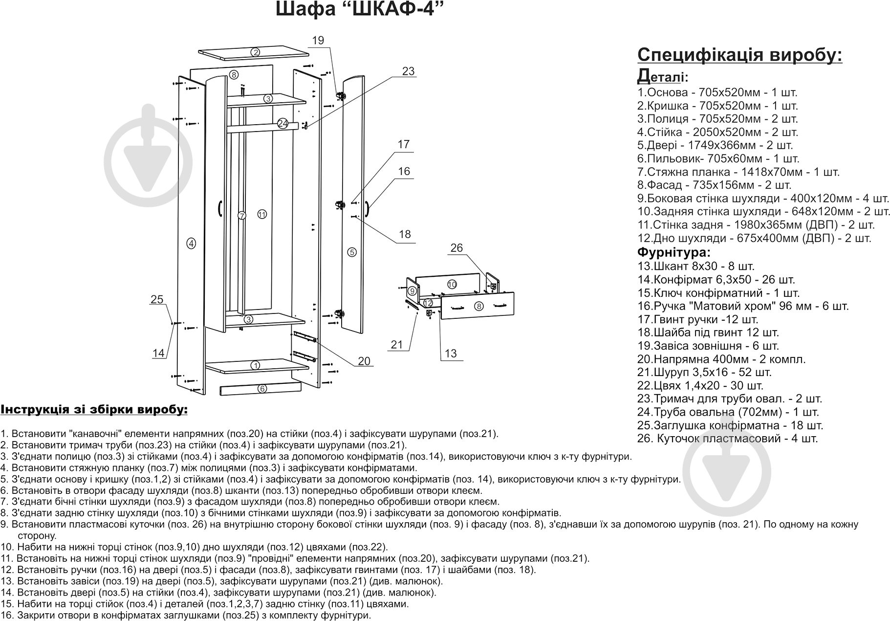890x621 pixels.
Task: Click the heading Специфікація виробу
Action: [740, 55]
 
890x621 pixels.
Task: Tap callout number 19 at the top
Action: [318, 41]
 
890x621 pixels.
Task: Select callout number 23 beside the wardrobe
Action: [408, 71]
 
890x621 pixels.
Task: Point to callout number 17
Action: [403, 145]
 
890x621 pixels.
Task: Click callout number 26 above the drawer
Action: [456, 248]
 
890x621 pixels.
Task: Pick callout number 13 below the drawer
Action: [451, 353]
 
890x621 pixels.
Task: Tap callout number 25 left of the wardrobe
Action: [156, 300]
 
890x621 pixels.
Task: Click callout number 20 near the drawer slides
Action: [364, 361]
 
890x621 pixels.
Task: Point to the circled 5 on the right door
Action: [352, 252]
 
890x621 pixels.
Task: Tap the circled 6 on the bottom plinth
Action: [262, 389]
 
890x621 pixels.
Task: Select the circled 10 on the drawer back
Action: [452, 284]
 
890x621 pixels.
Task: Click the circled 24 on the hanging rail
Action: [282, 124]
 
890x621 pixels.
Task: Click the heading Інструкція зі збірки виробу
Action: [94, 409]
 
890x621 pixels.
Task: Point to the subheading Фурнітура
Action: [674, 253]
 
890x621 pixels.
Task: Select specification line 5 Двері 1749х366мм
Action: [715, 145]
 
